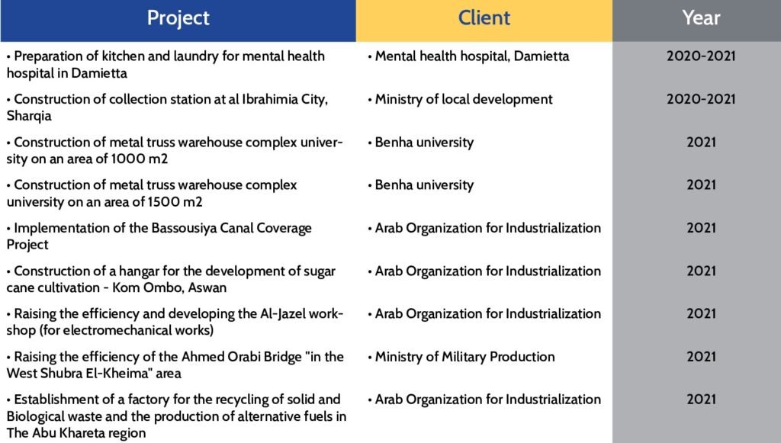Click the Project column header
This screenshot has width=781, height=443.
(178, 18)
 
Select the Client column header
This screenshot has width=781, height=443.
(484, 18)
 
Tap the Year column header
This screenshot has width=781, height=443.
(701, 18)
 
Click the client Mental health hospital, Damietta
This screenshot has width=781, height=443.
(471, 56)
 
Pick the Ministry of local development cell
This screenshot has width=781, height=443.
(463, 99)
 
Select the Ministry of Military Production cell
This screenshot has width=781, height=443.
(464, 356)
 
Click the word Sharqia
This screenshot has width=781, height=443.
(29, 116)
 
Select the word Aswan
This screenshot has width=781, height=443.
(207, 287)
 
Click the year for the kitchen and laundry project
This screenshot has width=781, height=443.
(701, 56)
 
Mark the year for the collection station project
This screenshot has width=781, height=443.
(701, 98)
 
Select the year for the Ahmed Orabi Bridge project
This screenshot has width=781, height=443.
(701, 356)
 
